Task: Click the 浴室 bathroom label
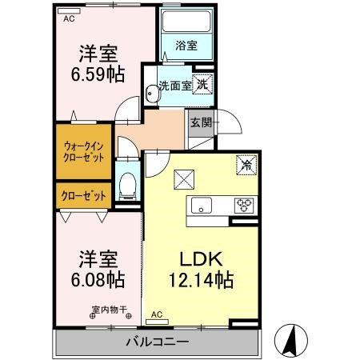pos(186,46)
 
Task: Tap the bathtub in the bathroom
pos(186,21)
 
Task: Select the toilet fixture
pos(127,186)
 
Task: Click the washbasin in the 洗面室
pos(152,94)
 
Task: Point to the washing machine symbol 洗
pos(202,84)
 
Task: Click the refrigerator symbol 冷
pos(246,166)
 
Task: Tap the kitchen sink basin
pos(202,206)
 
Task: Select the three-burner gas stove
pos(244,206)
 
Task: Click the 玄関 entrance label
pos(201,123)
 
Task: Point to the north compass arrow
pos(291,340)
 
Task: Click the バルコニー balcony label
pos(158,342)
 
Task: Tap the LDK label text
pos(201,259)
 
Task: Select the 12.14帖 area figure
pos(202,280)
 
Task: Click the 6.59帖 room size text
pos(98,74)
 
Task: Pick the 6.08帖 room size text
pos(98,279)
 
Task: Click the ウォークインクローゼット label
pos(83,152)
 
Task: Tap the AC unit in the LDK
pos(157,322)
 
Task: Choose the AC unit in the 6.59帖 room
pos(69,11)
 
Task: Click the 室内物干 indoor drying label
pos(109,310)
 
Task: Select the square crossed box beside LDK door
pos(184,179)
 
